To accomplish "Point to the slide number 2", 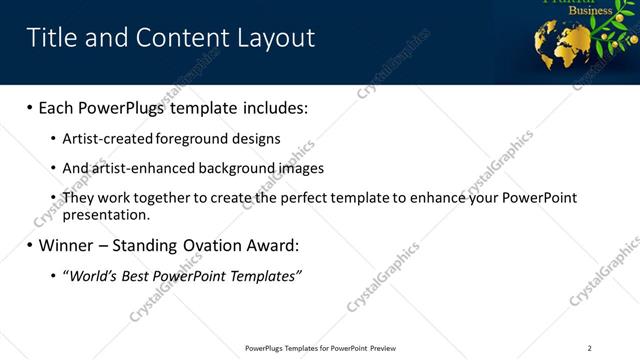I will pos(589,348).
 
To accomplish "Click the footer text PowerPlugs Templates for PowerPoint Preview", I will pos(320,348).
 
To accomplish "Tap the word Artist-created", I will pos(104,139).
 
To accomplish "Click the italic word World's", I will pos(92,275).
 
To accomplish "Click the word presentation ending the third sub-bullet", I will pos(105,214).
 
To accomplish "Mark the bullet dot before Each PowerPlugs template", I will pos(29,107).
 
